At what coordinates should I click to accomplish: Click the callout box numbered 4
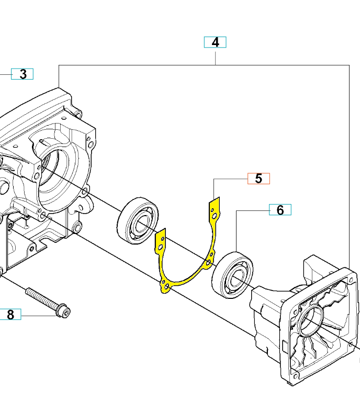[x=215, y=42]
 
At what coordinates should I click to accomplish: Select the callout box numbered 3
[x=22, y=74]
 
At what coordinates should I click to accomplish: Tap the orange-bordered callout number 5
[x=258, y=178]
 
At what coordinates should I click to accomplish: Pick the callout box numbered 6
[x=280, y=210]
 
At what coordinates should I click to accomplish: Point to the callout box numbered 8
[x=10, y=314]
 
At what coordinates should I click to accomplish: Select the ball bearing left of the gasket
[x=138, y=221]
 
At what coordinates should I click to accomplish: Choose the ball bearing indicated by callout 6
[x=232, y=275]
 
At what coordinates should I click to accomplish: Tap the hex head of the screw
[x=63, y=311]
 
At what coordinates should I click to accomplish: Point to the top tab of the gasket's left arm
[x=161, y=241]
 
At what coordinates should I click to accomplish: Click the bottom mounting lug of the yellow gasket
[x=165, y=287]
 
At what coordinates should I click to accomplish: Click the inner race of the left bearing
[x=141, y=224]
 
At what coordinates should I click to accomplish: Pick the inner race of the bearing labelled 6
[x=236, y=278]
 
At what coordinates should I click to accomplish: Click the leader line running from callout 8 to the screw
[x=39, y=315]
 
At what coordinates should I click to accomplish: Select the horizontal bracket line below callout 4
[x=204, y=65]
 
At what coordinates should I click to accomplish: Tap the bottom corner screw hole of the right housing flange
[x=295, y=376]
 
